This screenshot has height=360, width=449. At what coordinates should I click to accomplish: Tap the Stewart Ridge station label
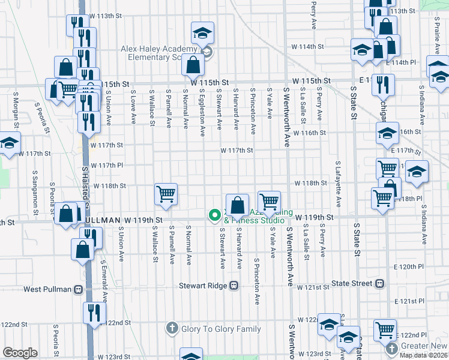(x=203, y=286)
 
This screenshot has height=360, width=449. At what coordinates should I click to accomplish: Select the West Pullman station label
(x=48, y=289)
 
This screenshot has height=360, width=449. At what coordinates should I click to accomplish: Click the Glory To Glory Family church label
(x=220, y=329)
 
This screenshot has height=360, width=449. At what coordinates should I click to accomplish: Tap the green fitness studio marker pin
(x=213, y=214)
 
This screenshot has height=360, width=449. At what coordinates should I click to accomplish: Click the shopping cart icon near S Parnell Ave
(x=166, y=194)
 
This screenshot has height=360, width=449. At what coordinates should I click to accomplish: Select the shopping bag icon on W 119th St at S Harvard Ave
(x=238, y=204)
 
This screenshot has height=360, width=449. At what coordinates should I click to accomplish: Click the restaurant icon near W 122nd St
(x=95, y=313)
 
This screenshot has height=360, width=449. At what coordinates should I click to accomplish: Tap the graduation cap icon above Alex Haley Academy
(x=203, y=32)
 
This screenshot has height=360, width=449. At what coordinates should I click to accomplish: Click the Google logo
(x=20, y=353)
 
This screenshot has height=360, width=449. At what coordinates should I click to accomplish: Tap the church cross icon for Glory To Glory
(x=172, y=329)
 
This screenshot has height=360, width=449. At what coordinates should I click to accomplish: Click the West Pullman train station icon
(x=78, y=289)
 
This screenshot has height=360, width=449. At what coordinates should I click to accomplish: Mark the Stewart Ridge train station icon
(x=234, y=286)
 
